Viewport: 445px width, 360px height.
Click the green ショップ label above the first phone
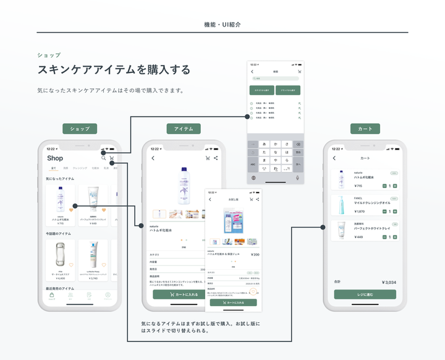[79, 129]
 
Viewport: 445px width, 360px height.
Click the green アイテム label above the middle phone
[184, 129]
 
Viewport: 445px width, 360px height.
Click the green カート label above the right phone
[365, 129]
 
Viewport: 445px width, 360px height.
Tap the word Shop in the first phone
[55, 158]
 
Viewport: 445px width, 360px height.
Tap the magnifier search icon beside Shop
[103, 158]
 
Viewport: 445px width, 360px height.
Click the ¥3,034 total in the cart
[388, 282]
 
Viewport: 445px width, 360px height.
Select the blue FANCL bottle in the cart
[341, 205]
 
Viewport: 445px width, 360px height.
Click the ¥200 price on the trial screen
[255, 254]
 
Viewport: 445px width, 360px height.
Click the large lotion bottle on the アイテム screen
[184, 185]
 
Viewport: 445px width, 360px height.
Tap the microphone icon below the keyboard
[297, 178]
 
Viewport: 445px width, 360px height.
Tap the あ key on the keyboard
[265, 144]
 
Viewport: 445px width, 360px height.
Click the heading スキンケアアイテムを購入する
[114, 69]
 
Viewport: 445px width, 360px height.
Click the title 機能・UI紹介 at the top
[222, 25]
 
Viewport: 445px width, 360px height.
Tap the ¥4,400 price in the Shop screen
[61, 278]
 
